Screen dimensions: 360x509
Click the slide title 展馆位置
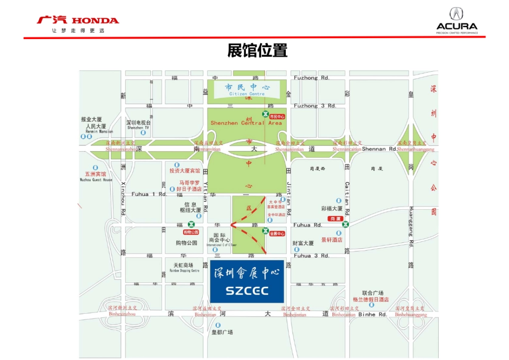point(257,51)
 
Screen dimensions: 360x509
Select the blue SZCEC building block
point(247,281)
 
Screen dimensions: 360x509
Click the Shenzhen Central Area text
point(246,123)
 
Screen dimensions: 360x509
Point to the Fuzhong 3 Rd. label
point(315,106)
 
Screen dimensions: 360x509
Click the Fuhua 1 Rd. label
point(149,194)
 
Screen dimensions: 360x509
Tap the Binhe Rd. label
point(372,315)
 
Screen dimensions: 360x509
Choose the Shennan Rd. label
point(379,149)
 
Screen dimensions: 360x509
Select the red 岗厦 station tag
point(335,219)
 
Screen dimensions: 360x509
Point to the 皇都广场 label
point(222,332)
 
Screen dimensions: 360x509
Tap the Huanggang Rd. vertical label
point(411,226)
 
